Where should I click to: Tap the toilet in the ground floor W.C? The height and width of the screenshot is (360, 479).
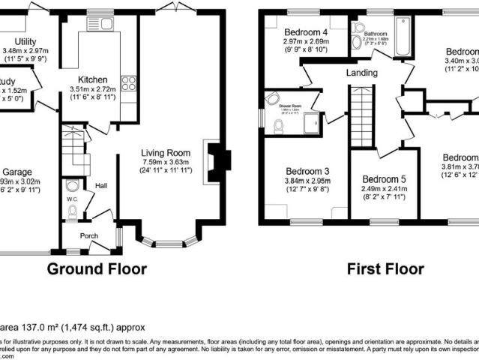click(72, 212)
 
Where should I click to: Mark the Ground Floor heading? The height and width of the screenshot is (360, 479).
click(97, 268)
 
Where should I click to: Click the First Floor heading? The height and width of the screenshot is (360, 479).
click(385, 268)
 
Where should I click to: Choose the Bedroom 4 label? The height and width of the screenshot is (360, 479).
click(307, 33)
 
